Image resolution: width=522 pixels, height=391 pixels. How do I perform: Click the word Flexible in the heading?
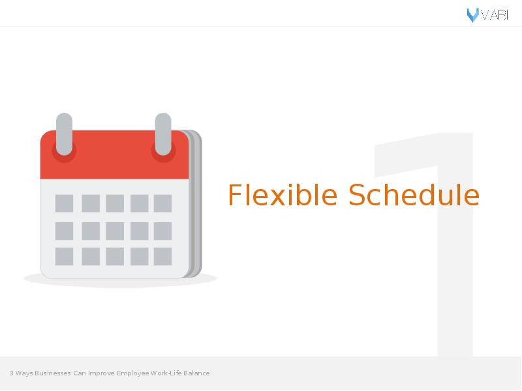(283, 195)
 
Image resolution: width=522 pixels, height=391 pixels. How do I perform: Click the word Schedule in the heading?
(414, 195)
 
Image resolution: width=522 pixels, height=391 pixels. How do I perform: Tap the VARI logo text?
(495, 15)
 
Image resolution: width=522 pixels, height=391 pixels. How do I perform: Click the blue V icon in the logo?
(472, 15)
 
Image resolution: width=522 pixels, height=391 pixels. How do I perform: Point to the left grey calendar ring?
(64, 134)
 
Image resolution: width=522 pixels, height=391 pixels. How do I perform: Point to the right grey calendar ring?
(163, 134)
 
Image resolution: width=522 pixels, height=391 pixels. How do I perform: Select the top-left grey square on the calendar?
(64, 203)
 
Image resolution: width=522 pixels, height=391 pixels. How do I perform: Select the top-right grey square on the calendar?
(162, 203)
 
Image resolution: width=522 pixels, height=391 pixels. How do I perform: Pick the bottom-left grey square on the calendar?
(64, 256)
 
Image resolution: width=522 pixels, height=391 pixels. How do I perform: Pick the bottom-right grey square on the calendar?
(162, 256)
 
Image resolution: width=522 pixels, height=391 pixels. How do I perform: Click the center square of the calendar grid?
(115, 231)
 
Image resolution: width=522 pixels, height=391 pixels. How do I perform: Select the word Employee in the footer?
(133, 373)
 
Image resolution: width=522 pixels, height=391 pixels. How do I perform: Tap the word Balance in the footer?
(196, 373)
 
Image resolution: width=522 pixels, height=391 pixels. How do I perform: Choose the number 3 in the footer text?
(11, 373)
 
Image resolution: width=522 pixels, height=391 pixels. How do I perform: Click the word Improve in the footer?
(101, 373)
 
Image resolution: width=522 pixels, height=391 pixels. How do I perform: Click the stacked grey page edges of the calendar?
(196, 203)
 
